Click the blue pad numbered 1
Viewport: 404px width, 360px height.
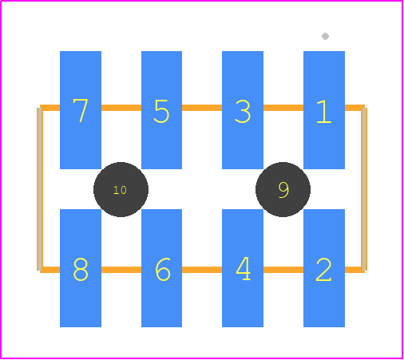click(324, 110)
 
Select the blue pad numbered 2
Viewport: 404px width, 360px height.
click(324, 268)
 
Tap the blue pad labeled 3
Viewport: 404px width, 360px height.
click(243, 110)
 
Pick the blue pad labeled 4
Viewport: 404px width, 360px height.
click(243, 268)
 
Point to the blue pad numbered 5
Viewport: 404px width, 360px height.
click(161, 110)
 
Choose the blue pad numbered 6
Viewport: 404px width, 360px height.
click(161, 268)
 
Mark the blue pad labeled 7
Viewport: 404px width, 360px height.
click(81, 110)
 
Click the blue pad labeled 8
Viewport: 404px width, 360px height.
click(81, 268)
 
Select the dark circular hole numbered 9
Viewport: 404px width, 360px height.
click(283, 189)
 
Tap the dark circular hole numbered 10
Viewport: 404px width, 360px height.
click(121, 189)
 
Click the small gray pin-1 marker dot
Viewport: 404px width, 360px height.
click(325, 36)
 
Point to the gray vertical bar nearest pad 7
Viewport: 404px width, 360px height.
click(39, 189)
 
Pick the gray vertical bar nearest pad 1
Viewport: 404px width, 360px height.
click(364, 189)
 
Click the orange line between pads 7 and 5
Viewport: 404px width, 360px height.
click(121, 108)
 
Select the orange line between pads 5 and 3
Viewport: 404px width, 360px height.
click(202, 108)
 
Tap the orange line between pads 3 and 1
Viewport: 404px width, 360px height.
click(283, 108)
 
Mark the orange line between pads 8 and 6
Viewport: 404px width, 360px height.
click(121, 270)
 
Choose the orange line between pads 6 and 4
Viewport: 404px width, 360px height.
click(202, 270)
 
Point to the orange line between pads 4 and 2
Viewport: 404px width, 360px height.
click(283, 270)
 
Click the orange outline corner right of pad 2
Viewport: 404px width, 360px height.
click(364, 270)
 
